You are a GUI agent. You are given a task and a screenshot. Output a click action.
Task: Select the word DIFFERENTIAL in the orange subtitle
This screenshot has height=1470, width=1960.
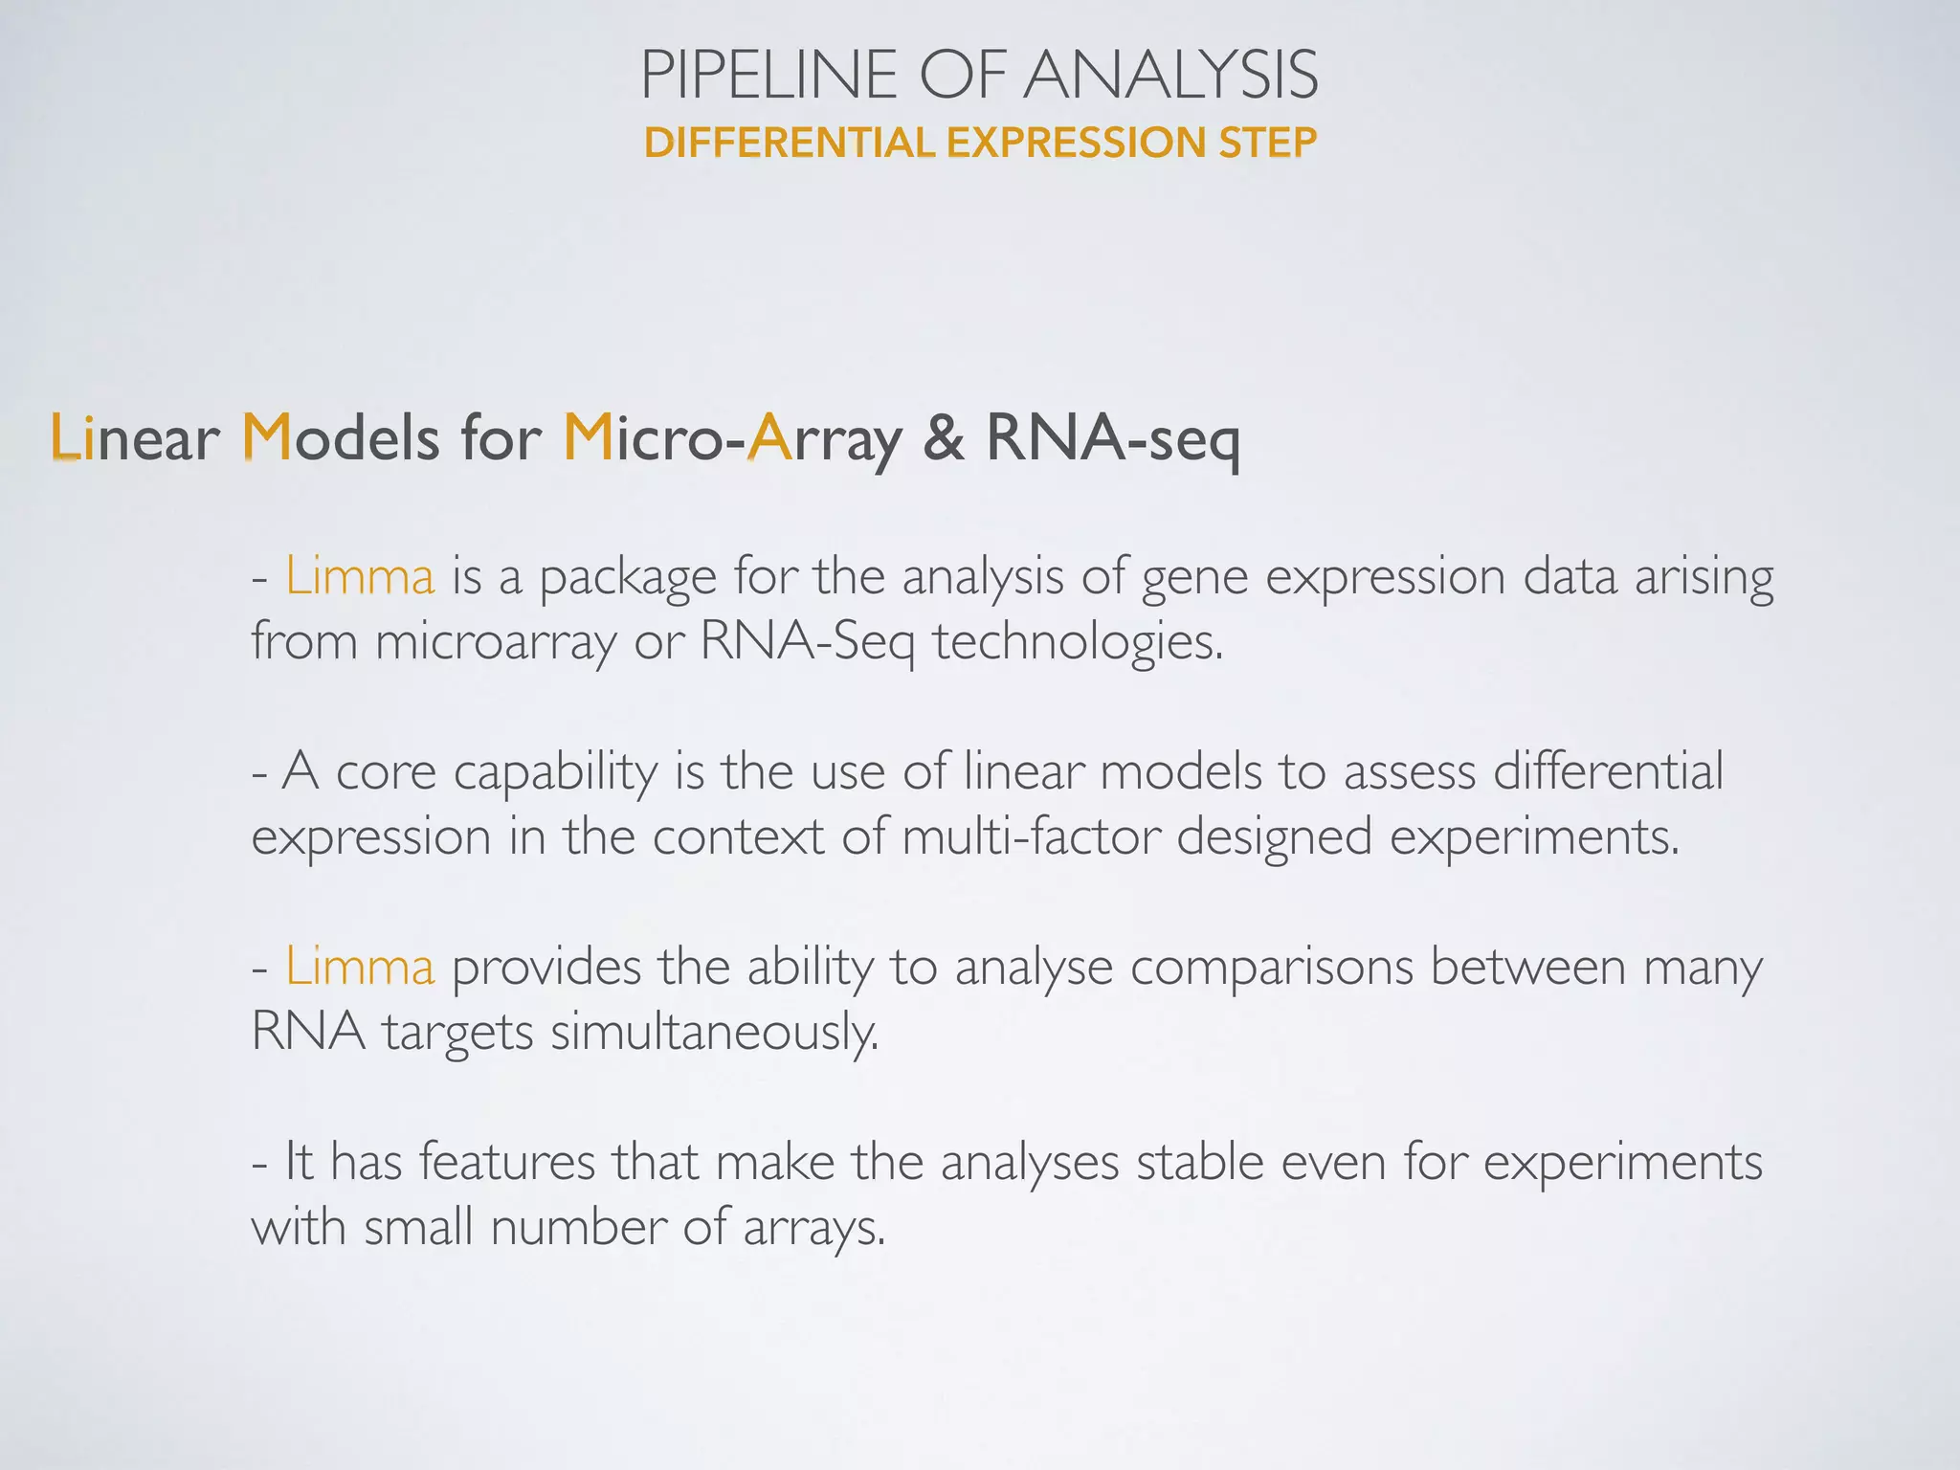point(789,143)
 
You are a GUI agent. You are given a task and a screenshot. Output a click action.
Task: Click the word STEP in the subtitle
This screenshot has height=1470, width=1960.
point(1267,143)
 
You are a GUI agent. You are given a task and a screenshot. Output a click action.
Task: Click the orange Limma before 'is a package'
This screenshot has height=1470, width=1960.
point(360,576)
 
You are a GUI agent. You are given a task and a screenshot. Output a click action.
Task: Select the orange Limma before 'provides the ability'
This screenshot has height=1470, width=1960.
point(360,967)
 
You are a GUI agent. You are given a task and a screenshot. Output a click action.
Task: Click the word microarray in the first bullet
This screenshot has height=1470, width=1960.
point(496,641)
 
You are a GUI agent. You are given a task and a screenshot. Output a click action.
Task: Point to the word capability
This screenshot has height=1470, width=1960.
point(555,773)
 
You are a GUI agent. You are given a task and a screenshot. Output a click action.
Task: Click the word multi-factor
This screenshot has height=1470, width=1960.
point(1030,836)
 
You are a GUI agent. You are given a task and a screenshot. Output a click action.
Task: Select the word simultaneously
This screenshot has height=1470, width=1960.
point(714,1032)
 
